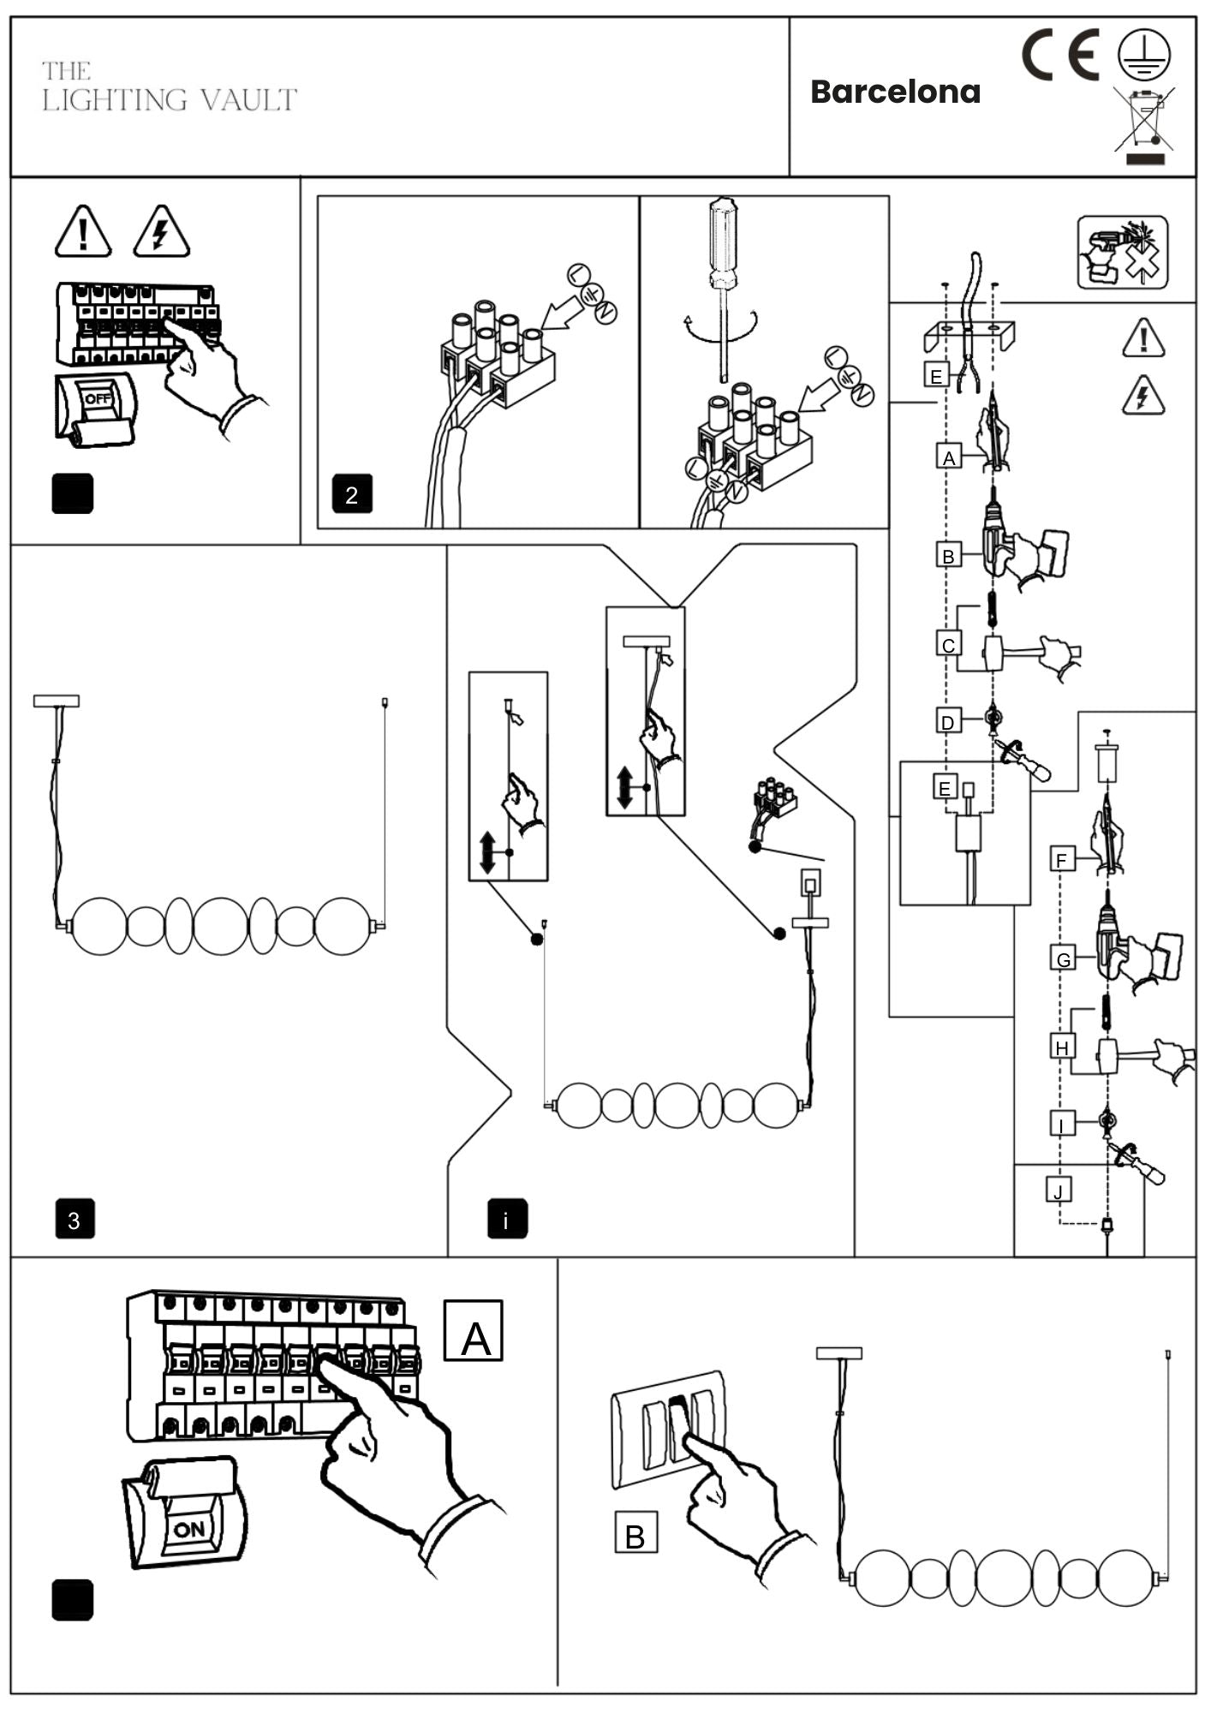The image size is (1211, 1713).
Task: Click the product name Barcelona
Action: tap(895, 92)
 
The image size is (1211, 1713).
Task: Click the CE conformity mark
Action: tap(1060, 55)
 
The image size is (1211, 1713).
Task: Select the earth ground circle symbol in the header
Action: tap(1143, 53)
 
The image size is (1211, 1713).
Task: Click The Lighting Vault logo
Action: tap(169, 87)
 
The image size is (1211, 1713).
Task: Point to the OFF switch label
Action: tap(97, 399)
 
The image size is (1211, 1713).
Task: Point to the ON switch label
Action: tap(189, 1529)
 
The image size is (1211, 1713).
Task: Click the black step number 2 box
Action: tap(351, 495)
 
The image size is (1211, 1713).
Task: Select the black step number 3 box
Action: tap(75, 1220)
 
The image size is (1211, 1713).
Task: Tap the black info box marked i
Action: tap(507, 1220)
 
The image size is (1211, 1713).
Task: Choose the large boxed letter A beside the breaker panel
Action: tap(474, 1330)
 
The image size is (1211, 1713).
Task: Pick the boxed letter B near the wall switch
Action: tap(635, 1537)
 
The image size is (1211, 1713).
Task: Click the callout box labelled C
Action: tap(948, 645)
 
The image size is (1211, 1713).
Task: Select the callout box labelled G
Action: tap(1063, 959)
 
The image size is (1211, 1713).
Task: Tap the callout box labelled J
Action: tap(1059, 1191)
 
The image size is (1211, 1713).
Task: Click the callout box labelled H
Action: tap(1062, 1047)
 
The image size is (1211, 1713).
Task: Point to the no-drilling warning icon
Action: tap(1122, 252)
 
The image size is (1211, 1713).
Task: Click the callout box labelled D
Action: tap(947, 722)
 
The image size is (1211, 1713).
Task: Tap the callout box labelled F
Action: tap(1062, 860)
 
